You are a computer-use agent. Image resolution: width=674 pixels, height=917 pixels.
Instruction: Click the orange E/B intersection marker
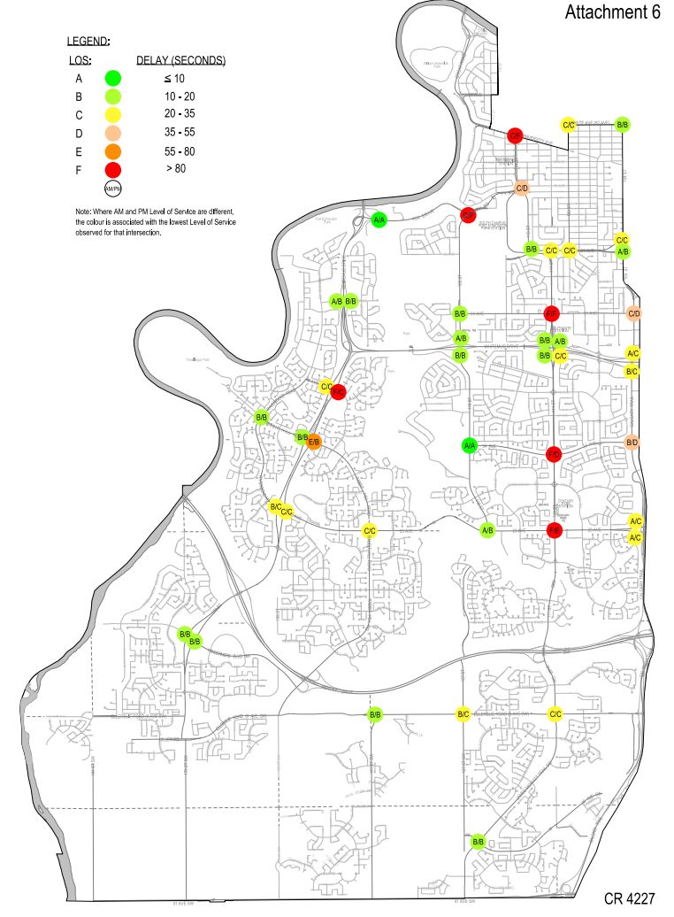click(x=314, y=442)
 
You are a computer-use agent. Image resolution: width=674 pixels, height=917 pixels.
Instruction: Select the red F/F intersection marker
click(x=551, y=313)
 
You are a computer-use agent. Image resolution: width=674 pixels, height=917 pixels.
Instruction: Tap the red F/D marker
click(x=554, y=454)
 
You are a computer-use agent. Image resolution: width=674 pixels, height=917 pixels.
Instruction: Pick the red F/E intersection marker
click(x=555, y=530)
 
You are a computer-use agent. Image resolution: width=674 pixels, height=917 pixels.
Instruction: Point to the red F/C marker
click(x=338, y=391)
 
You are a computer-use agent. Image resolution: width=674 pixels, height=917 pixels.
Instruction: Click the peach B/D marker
click(x=632, y=442)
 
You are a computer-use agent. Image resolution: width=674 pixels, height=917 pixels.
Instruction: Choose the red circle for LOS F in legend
click(x=112, y=168)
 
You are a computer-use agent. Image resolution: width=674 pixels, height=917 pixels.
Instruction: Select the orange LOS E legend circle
click(x=112, y=150)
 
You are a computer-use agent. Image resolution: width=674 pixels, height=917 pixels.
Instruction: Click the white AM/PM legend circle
click(x=112, y=189)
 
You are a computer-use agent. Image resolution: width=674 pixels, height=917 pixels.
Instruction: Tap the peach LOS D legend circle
click(x=112, y=133)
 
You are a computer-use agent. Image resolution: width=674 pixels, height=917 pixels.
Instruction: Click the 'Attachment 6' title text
click(x=611, y=12)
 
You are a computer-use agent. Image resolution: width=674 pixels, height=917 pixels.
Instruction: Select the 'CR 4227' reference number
click(x=629, y=898)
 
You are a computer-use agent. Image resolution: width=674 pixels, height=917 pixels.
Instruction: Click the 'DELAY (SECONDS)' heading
click(x=181, y=61)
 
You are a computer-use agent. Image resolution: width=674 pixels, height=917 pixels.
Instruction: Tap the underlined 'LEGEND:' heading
click(x=88, y=42)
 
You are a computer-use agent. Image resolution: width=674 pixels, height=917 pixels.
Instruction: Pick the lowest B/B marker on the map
click(x=478, y=841)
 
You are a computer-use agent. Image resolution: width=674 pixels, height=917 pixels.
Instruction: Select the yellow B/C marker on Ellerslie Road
click(x=463, y=714)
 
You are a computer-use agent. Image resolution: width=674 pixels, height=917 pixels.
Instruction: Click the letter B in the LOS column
click(x=79, y=96)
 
